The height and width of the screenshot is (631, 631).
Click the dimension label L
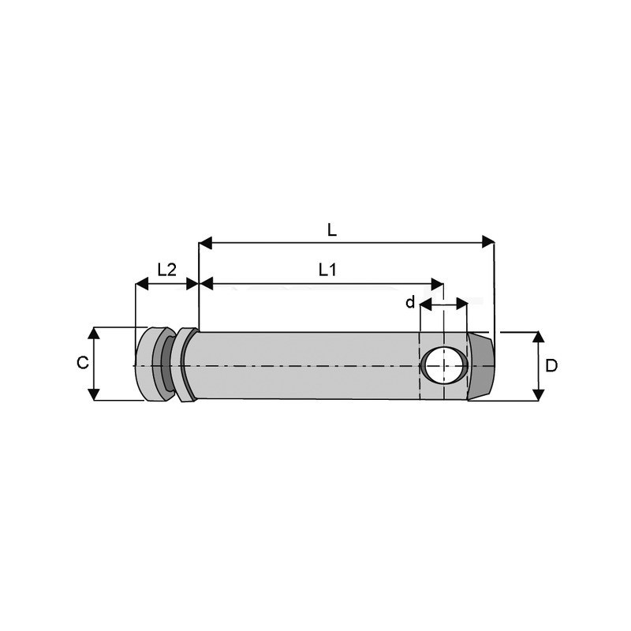332,230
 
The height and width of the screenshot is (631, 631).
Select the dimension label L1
327,270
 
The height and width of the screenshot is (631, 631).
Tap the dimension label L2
166,269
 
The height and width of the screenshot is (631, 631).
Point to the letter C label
82,363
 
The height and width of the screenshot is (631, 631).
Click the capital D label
552,366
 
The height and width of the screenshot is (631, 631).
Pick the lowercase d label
409,303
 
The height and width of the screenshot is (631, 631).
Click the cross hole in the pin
443,364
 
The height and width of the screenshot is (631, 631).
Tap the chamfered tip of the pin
481,366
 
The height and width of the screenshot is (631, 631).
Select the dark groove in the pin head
167,364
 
